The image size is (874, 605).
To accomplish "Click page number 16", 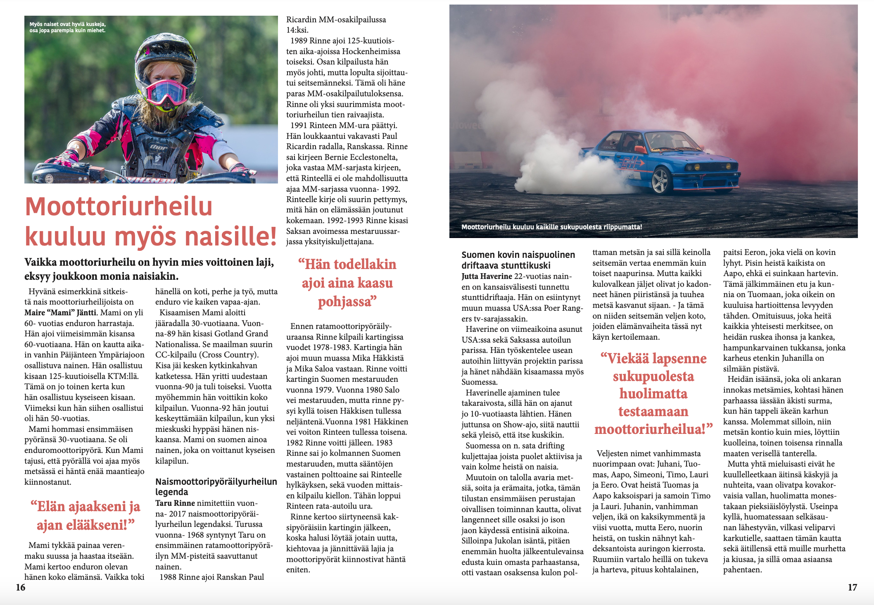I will [21, 587].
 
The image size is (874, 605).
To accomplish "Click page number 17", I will [852, 587].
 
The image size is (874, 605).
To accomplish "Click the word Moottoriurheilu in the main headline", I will [119, 206].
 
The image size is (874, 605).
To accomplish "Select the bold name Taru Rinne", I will [175, 503].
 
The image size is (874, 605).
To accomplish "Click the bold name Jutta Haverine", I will [487, 276].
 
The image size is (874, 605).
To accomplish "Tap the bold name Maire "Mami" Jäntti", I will [60, 312].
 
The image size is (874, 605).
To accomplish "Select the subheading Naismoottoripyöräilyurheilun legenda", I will [216, 486].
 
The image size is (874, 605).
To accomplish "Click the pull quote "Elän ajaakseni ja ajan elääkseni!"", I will [85, 515].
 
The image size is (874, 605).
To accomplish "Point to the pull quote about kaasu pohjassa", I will [347, 283].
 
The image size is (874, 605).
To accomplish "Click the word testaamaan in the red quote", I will [653, 411].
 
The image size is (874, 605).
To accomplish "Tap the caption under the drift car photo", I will [551, 227].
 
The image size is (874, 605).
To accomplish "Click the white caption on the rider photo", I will [67, 27].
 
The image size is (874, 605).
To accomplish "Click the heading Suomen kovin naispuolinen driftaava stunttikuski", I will [518, 260].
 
